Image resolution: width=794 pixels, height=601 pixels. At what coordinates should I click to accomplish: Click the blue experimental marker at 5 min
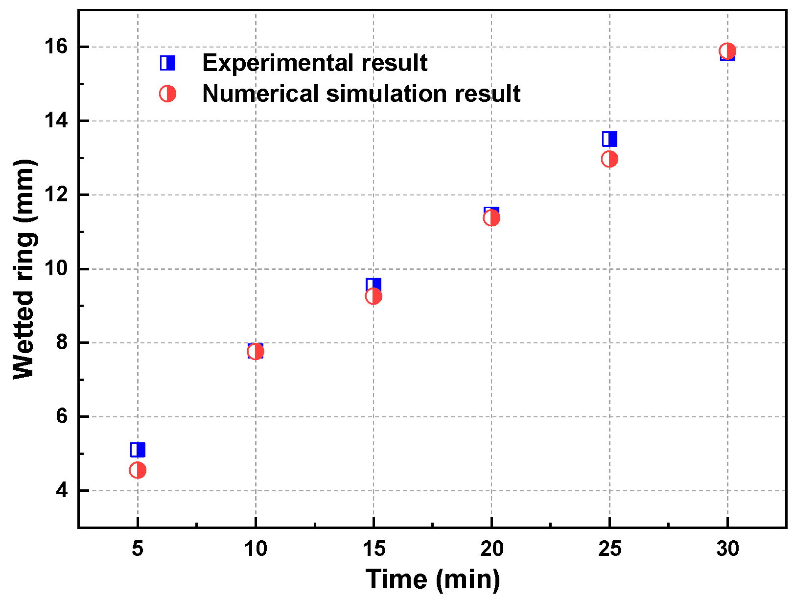point(138,449)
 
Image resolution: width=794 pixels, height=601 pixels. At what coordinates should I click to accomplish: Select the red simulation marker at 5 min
point(138,470)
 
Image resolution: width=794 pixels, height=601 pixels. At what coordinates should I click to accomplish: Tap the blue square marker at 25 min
point(609,139)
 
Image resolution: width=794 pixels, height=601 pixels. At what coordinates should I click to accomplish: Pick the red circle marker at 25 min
point(609,159)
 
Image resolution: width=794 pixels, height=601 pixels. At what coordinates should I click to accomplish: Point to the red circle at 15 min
point(374,296)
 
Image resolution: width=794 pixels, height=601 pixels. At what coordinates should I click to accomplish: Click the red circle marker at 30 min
point(727,51)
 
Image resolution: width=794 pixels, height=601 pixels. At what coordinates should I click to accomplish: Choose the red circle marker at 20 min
point(491,218)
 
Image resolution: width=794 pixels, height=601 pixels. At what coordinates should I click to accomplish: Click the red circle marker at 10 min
point(256,352)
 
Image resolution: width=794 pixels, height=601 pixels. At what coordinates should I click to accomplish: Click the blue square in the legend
point(167,63)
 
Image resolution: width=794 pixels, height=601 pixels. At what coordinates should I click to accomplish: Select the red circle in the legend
point(167,94)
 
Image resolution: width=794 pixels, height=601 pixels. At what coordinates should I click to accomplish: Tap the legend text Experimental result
point(314,63)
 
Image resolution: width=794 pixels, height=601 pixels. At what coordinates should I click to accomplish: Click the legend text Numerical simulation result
point(361,94)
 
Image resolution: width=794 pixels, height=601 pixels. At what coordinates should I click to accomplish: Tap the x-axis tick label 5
point(138,549)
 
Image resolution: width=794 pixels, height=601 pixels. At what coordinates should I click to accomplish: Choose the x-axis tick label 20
point(491,549)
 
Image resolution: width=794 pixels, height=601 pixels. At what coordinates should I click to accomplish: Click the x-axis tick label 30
point(727,549)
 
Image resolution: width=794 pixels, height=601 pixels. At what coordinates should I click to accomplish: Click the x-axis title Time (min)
point(433,579)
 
